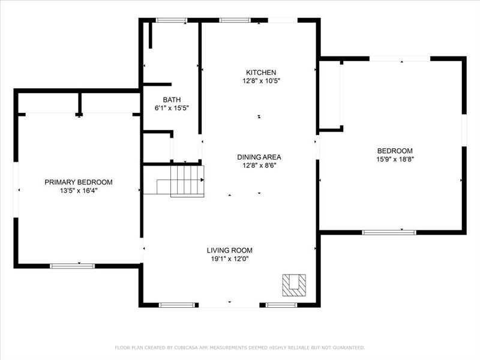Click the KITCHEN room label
click(259, 72)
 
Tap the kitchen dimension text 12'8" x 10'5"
click(259, 80)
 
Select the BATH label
click(172, 100)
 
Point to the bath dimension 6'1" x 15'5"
click(172, 109)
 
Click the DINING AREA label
click(259, 157)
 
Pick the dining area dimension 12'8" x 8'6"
click(259, 166)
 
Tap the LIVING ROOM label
click(230, 250)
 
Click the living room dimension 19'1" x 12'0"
click(230, 259)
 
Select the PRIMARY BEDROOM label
click(79, 182)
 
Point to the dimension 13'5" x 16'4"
click(79, 191)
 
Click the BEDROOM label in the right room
click(395, 151)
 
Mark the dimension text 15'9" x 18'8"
click(395, 160)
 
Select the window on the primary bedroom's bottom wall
click(72, 265)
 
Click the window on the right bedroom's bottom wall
click(389, 232)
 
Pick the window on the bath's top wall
click(171, 20)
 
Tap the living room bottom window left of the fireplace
click(176, 305)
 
